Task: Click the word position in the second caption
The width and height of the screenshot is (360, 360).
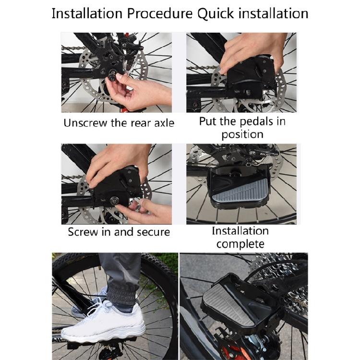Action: (x=243, y=134)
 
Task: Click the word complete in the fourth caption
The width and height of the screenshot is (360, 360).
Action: (x=240, y=244)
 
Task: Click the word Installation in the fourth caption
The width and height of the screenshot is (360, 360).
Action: (x=240, y=231)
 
